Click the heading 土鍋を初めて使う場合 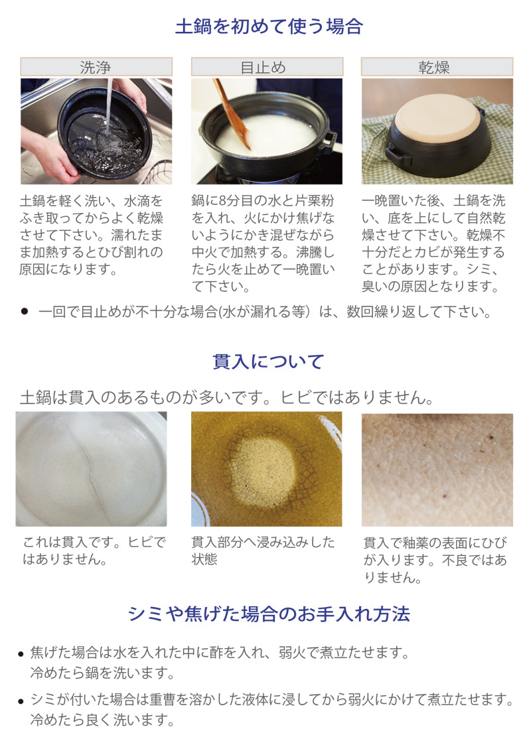[269, 27]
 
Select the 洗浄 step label [96, 67]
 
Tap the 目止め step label [267, 67]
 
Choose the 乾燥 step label [437, 67]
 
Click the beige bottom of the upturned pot [437, 119]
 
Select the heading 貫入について [268, 362]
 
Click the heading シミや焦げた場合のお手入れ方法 [268, 614]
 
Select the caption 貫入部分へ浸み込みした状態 [263, 550]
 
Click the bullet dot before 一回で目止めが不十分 [25, 311]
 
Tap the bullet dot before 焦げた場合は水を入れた [21, 654]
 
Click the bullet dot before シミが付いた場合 [21, 701]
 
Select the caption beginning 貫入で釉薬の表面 [435, 560]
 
